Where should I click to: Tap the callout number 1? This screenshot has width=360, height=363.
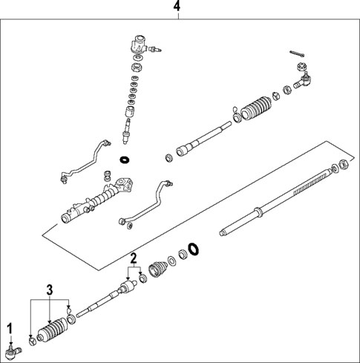pyautogui.click(x=10, y=327)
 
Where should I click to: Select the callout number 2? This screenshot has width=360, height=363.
pyautogui.click(x=134, y=259)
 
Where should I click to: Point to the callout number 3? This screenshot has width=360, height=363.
pyautogui.click(x=50, y=289)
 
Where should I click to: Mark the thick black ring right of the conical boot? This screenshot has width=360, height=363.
pyautogui.click(x=193, y=249)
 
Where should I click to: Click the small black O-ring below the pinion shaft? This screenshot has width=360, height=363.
pyautogui.click(x=125, y=159)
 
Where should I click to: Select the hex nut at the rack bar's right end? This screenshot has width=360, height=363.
pyautogui.click(x=344, y=166)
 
